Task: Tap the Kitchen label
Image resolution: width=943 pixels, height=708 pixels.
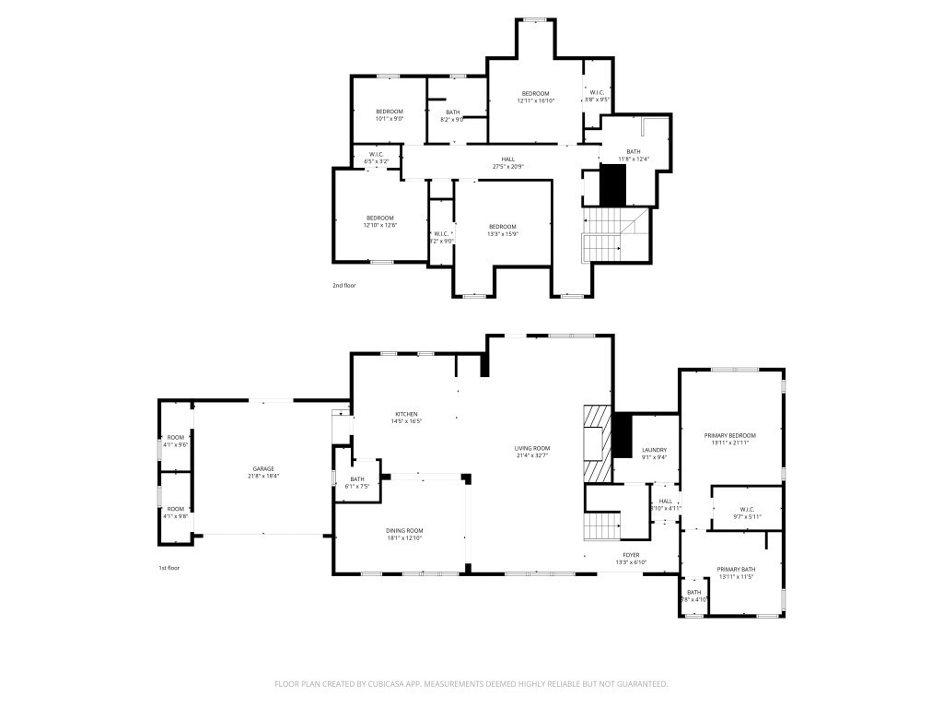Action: pos(407,414)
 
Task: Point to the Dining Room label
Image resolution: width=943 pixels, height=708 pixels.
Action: pos(403,530)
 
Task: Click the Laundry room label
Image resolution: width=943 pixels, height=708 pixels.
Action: pos(654,450)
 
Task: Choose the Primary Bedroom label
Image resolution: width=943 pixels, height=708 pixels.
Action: pos(729,435)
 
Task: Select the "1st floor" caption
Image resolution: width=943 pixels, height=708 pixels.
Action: pos(169,568)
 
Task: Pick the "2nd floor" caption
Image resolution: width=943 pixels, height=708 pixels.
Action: pos(343,286)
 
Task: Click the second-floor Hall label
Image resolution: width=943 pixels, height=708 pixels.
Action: pos(508,159)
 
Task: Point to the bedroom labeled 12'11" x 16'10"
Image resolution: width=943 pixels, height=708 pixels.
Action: pos(535,93)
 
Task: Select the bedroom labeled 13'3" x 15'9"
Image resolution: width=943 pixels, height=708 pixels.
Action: pos(502,227)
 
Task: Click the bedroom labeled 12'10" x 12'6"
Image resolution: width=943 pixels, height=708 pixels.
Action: pos(378,218)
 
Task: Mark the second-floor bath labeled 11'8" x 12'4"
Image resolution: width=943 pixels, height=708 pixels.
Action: pos(634,152)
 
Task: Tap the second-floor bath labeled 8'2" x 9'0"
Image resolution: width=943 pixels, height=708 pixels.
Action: pos(452,112)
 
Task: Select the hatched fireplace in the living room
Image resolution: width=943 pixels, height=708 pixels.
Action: pos(597,442)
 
